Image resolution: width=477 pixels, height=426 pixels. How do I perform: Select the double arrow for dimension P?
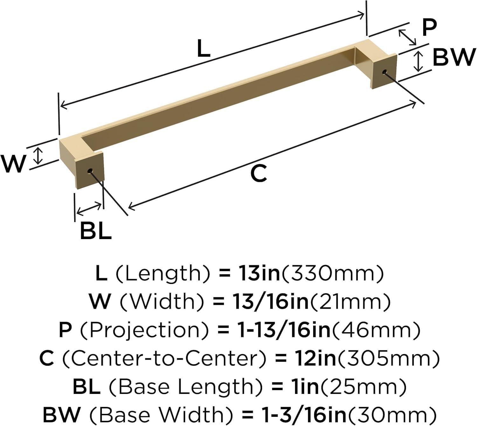407,37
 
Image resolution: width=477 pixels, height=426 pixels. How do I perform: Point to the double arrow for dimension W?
38,155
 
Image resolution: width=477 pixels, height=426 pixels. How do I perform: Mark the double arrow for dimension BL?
89,208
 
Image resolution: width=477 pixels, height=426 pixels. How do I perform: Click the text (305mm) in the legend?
388,358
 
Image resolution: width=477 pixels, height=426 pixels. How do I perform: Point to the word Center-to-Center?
164,358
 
